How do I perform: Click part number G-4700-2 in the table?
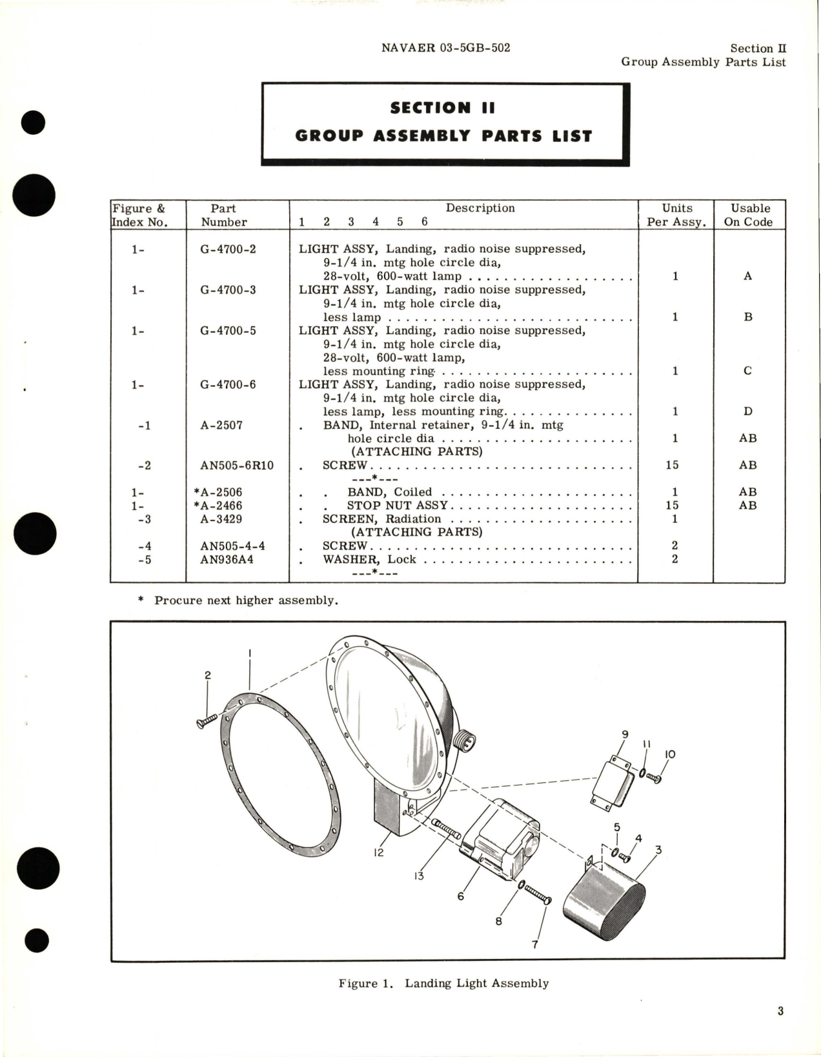tap(228, 249)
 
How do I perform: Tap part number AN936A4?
tap(227, 559)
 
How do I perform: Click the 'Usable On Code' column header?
tap(750, 215)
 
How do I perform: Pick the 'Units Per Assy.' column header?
tap(676, 215)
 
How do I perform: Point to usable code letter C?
tap(748, 371)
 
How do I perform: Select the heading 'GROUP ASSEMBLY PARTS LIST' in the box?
tap(443, 136)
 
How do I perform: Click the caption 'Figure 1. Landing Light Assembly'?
tap(443, 983)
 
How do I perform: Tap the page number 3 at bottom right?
tap(780, 1011)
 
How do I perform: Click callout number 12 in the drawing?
tap(378, 852)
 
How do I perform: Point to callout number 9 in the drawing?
tap(625, 734)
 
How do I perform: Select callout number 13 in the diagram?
tap(419, 876)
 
